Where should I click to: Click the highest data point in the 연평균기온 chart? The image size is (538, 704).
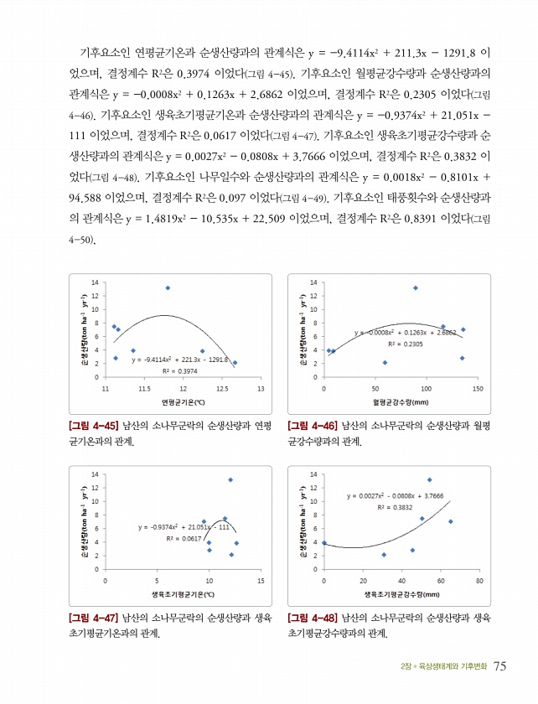(x=168, y=287)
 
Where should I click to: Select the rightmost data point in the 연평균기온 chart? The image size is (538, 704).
(x=235, y=363)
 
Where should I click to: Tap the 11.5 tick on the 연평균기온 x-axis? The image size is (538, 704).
(x=145, y=389)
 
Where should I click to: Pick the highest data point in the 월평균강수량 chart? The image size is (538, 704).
(x=415, y=287)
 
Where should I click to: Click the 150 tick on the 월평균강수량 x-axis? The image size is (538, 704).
(x=478, y=389)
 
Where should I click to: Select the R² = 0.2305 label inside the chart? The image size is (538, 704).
(x=405, y=344)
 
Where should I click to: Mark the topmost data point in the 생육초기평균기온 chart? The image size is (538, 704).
(x=230, y=479)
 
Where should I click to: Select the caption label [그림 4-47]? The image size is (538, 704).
(x=93, y=618)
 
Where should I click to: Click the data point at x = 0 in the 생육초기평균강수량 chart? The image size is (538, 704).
(x=324, y=543)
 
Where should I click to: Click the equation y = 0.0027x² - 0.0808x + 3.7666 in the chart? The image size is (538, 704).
(x=395, y=496)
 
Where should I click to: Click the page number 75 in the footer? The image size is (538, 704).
(x=500, y=666)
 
